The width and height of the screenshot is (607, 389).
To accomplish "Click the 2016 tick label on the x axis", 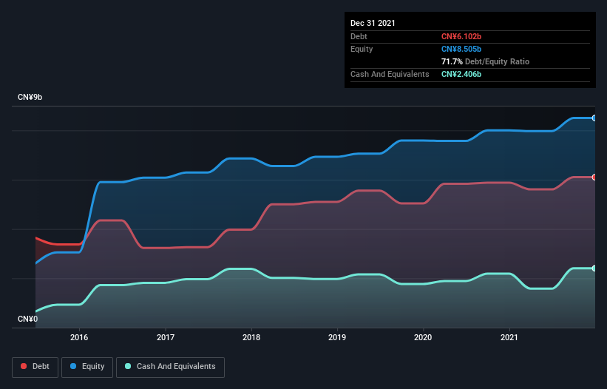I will point(79,337).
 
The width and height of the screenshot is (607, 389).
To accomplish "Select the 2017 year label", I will point(166,337).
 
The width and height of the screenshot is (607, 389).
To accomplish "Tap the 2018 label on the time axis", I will point(251,337).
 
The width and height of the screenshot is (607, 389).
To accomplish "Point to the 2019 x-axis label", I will point(337,337).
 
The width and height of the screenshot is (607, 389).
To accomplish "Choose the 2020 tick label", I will point(423,337).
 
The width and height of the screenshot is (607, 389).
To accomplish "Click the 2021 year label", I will point(509,337).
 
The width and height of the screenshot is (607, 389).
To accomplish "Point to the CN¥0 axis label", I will point(28,319).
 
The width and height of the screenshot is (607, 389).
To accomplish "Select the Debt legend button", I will point(35,366).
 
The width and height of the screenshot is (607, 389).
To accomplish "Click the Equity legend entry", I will point(87,366).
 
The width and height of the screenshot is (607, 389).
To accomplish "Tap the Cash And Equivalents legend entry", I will point(170,366).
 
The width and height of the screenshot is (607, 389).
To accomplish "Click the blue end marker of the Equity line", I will point(594,118).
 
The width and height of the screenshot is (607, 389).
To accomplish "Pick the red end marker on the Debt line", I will point(594,177).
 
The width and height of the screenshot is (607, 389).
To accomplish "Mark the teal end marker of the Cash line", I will point(594,268).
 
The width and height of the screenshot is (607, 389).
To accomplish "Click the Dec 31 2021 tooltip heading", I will point(373,23).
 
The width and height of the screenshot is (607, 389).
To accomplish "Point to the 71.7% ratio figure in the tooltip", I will point(453,61).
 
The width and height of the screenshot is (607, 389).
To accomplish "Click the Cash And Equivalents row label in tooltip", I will point(390,74).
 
